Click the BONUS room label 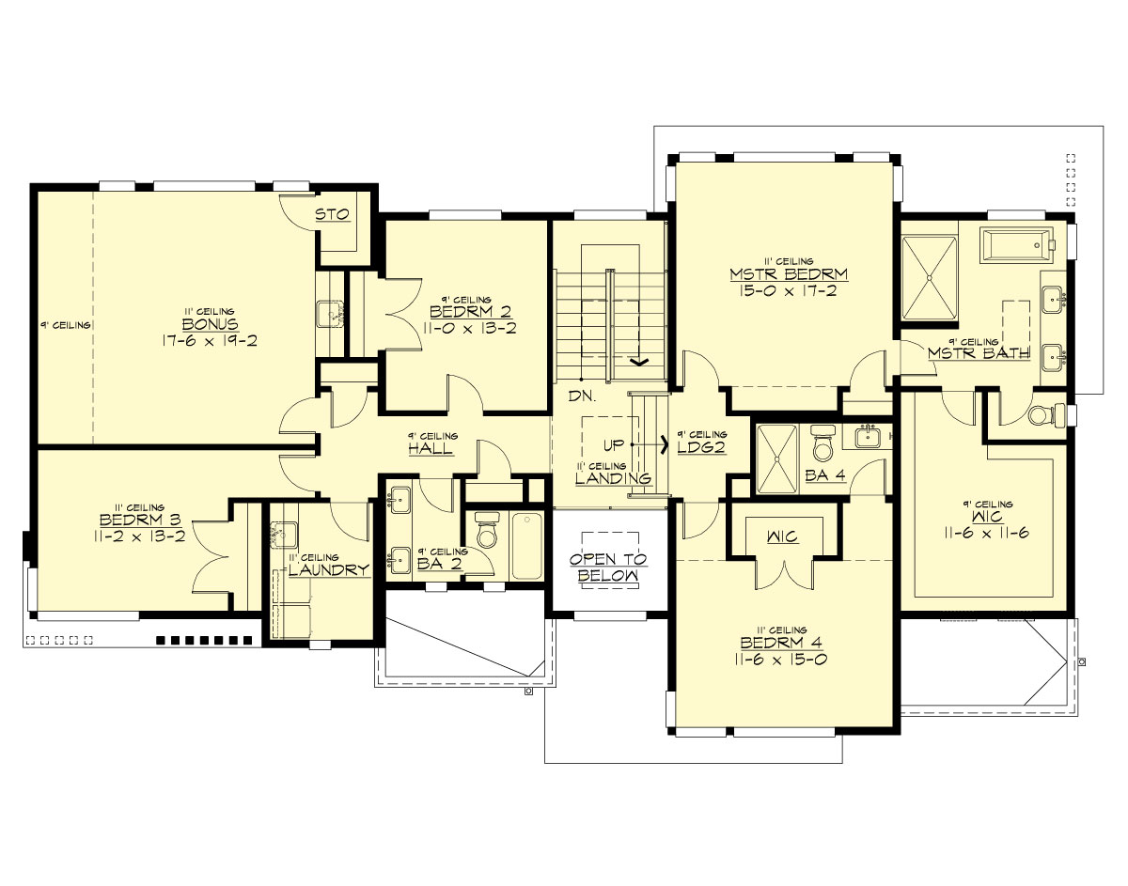(x=209, y=324)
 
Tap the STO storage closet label (x=332, y=215)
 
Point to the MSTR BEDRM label (x=789, y=274)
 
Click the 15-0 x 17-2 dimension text (x=789, y=291)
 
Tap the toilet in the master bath (x=1046, y=414)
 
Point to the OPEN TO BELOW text (x=607, y=567)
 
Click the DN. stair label (x=580, y=396)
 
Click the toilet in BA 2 (x=487, y=533)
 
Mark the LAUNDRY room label (x=329, y=570)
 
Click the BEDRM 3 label (x=133, y=521)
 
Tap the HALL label (x=431, y=450)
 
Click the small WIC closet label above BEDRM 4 (x=782, y=536)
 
